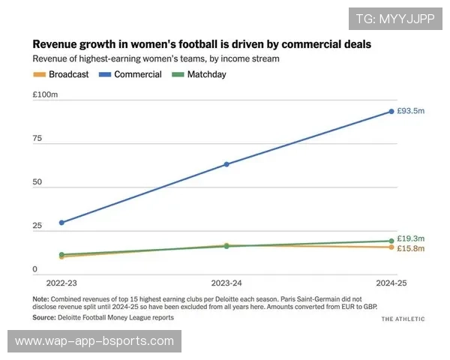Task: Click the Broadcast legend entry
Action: coord(61,74)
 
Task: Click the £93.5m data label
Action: coord(410,111)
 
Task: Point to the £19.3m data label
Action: coord(410,238)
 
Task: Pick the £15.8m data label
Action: coord(410,248)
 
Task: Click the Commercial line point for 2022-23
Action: coord(61,222)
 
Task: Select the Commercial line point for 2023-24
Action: coord(226,164)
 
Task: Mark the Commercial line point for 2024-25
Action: coord(391,112)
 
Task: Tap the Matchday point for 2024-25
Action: coord(391,241)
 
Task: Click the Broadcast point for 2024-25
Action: coord(391,247)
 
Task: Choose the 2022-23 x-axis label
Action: coord(61,283)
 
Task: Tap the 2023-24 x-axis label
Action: coord(226,283)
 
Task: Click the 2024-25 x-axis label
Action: coord(391,283)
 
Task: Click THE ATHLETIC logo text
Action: coord(403,319)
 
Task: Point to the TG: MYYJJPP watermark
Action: coord(395,19)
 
